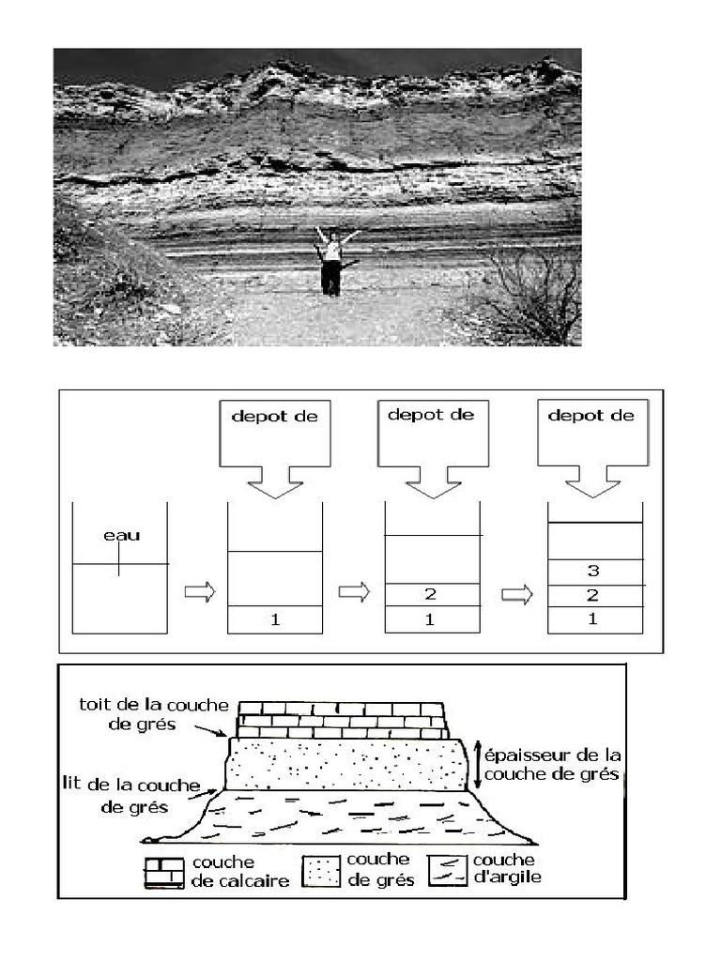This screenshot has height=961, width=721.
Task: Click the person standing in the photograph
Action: [330, 262]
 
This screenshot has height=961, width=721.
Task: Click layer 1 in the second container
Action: [275, 619]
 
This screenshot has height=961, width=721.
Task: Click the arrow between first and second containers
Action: [199, 593]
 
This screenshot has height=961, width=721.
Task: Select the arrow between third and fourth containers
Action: [516, 594]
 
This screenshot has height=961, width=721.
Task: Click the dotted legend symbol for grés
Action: [321, 870]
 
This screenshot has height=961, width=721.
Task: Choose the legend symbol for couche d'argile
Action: [447, 869]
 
